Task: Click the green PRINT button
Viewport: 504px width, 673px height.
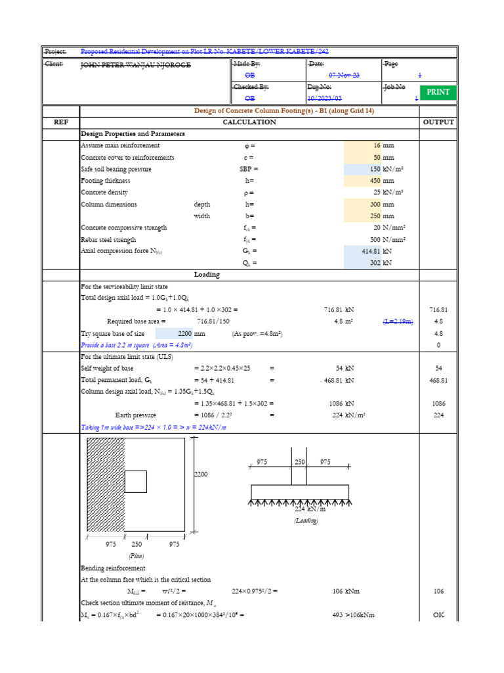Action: point(438,92)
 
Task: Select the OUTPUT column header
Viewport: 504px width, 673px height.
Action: point(438,122)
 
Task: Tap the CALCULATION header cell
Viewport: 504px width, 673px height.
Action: point(249,122)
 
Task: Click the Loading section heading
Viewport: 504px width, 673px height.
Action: point(207,275)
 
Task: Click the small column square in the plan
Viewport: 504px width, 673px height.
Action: point(135,482)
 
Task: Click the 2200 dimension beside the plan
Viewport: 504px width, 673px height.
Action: point(200,474)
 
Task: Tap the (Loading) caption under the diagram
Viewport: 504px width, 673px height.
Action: point(305,521)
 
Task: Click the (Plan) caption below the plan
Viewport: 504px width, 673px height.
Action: point(136,555)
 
